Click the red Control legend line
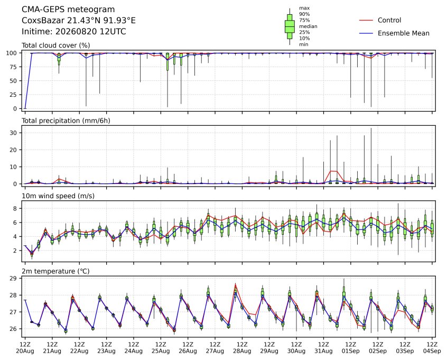click(366, 20)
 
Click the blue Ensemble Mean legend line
click(366, 33)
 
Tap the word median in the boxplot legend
click(308, 26)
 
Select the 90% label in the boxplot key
click(304, 14)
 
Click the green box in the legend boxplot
click(290, 26)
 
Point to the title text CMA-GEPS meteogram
click(68, 10)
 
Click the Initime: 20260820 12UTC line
click(74, 31)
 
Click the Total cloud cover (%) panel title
click(56, 45)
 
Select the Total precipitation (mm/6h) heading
click(66, 121)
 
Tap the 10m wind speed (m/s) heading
click(58, 196)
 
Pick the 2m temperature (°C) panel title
click(55, 271)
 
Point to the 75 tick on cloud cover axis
click(14, 67)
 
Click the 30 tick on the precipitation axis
click(14, 133)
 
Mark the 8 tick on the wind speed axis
click(16, 208)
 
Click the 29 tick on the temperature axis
click(14, 278)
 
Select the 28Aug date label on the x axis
click(242, 351)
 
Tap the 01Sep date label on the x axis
click(351, 351)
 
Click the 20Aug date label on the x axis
click(25, 351)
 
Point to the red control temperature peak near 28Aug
click(236, 283)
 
